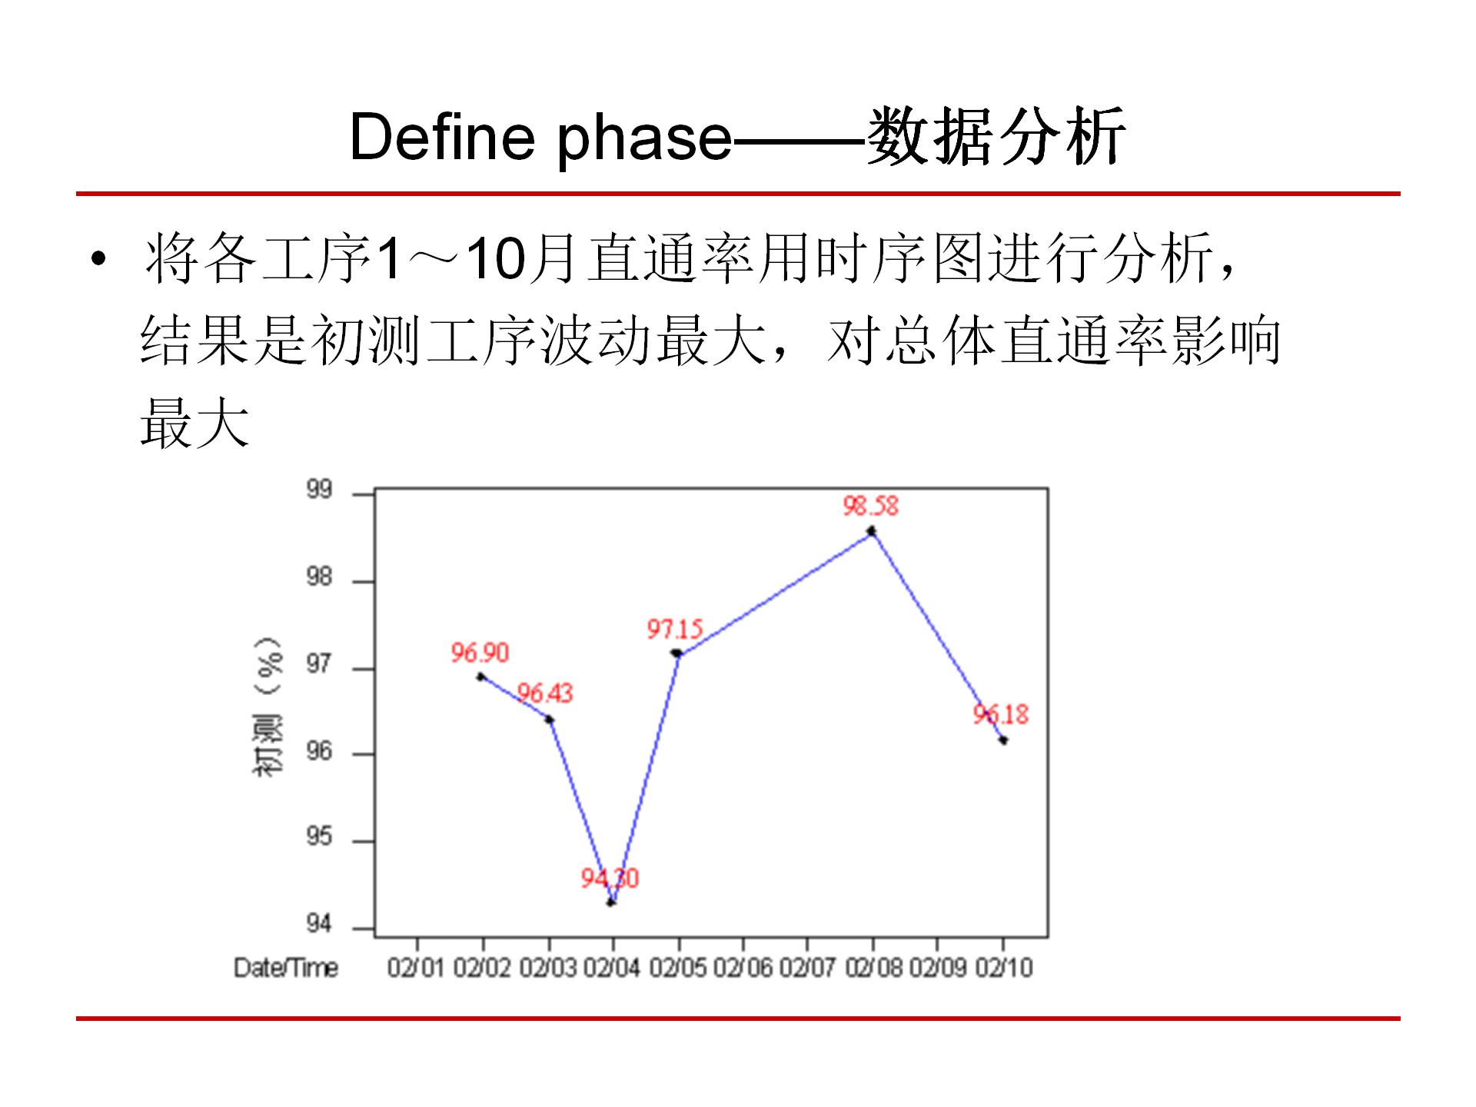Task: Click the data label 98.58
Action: pyautogui.click(x=870, y=506)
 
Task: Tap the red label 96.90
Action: pyautogui.click(x=480, y=653)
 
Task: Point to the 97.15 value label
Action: pyautogui.click(x=674, y=629)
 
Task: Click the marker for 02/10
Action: pyautogui.click(x=1003, y=740)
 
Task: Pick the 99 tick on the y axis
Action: pyautogui.click(x=319, y=490)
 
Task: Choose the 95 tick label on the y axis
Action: pyautogui.click(x=319, y=836)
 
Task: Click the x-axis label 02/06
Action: pyautogui.click(x=743, y=968)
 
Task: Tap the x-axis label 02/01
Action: pyautogui.click(x=416, y=968)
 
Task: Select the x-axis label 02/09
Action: pyautogui.click(x=937, y=968)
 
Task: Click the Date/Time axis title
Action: pyautogui.click(x=286, y=968)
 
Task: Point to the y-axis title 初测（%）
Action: pyautogui.click(x=268, y=707)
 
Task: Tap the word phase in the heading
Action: pyautogui.click(x=644, y=140)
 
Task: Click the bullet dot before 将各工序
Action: pyautogui.click(x=98, y=259)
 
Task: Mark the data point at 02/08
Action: pyautogui.click(x=871, y=531)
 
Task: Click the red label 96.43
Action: pyautogui.click(x=544, y=693)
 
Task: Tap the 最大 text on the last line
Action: pyautogui.click(x=195, y=424)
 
